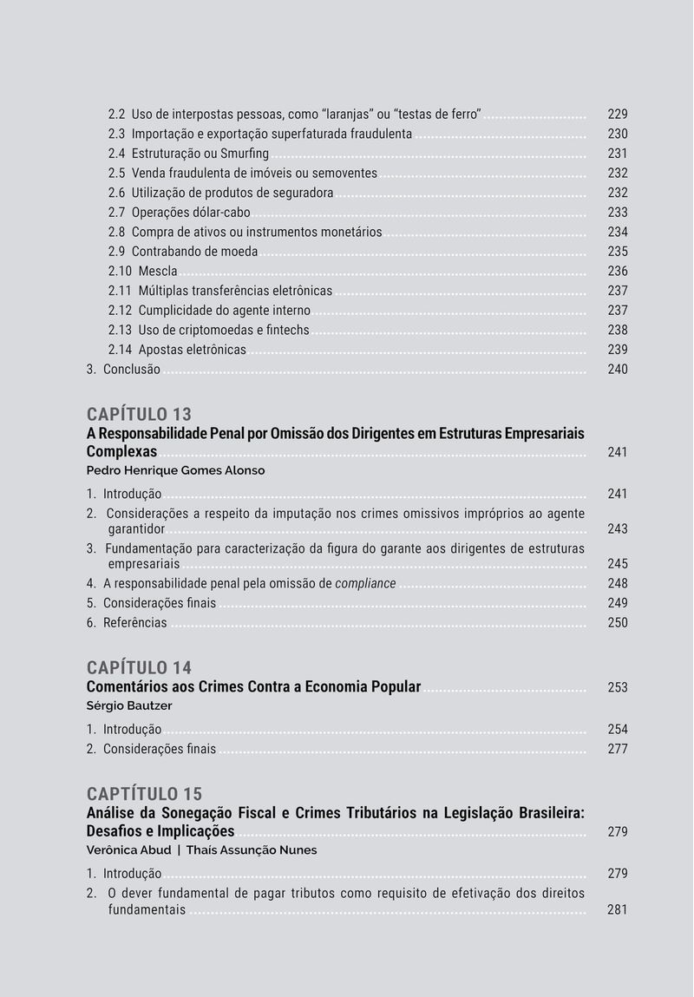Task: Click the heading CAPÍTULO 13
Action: (x=139, y=414)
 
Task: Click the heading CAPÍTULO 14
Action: (x=139, y=667)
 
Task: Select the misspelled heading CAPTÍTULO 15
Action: (x=144, y=794)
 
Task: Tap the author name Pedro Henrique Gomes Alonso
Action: (x=175, y=470)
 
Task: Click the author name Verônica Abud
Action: (x=128, y=850)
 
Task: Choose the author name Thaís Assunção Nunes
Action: (x=252, y=850)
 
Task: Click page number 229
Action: (x=618, y=115)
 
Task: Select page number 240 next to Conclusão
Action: (x=618, y=370)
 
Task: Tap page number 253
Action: (x=618, y=688)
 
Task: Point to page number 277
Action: (x=618, y=749)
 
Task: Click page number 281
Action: (x=618, y=910)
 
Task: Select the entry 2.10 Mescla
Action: (x=143, y=272)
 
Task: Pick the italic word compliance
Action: (x=365, y=584)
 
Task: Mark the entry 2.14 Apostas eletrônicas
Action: (x=177, y=351)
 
